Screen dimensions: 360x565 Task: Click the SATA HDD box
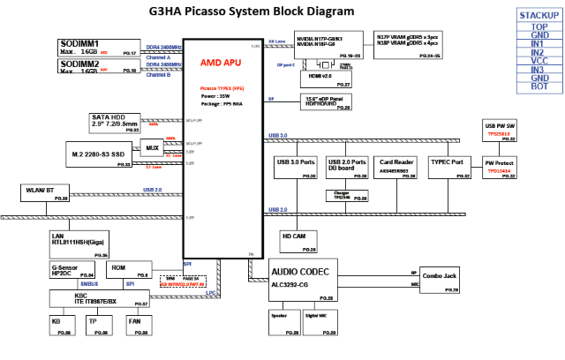click(x=115, y=122)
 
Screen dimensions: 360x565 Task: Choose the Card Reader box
click(x=397, y=168)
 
